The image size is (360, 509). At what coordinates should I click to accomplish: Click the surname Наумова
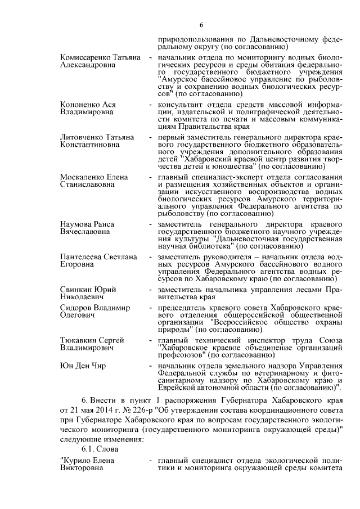[76, 224]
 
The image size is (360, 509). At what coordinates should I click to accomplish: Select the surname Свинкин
[77, 289]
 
